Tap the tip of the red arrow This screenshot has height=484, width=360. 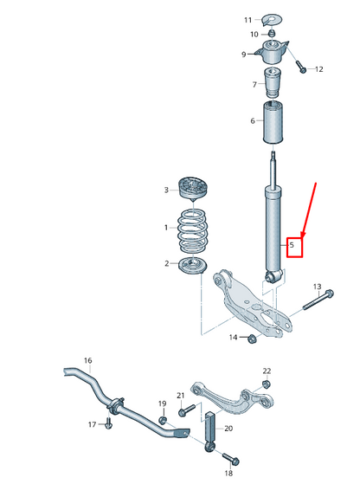coord(300,235)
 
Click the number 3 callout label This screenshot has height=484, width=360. coord(166,190)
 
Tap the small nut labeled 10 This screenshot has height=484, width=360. coord(271,35)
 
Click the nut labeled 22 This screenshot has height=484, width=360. coord(265,384)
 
